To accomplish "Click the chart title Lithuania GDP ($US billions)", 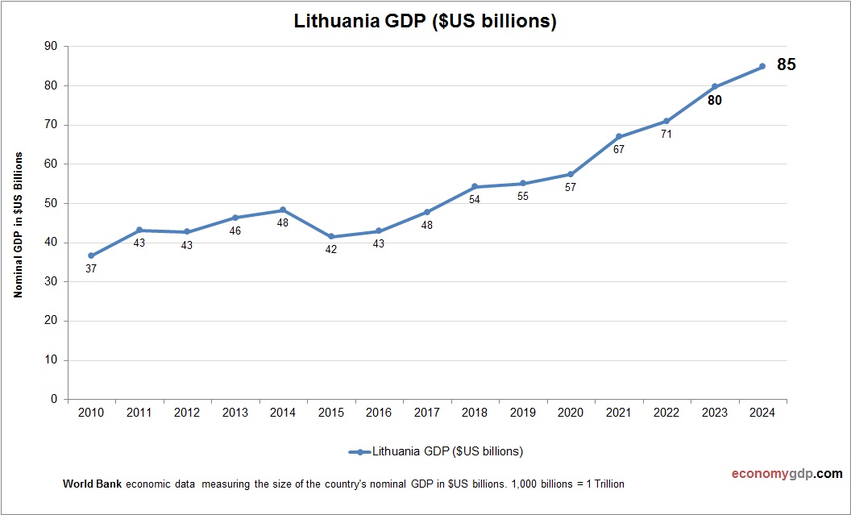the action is tap(425, 22).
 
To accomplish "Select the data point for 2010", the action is tap(91, 255).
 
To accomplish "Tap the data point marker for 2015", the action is tap(331, 237).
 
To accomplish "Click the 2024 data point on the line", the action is tap(762, 67).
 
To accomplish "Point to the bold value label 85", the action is tap(786, 65).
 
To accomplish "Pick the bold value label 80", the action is tap(714, 101).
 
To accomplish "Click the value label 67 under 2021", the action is tap(619, 149).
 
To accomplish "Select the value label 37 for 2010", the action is tap(91, 269).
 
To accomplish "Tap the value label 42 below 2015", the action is tap(331, 250).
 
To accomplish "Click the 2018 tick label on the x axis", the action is tap(475, 413).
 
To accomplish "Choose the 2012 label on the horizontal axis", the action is tap(187, 413).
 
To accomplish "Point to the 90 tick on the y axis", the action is tap(51, 47).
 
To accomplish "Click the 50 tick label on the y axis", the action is tap(51, 203).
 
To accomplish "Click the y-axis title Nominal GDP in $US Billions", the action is tap(18, 225).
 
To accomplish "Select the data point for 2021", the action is tap(619, 137).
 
